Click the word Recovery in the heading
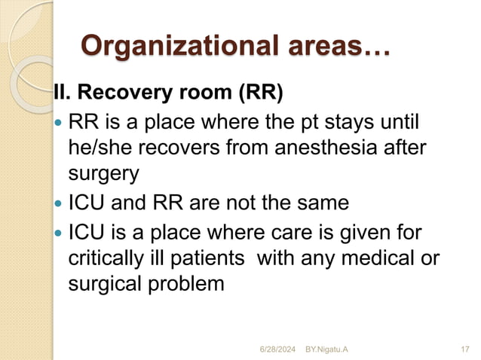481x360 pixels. [121, 94]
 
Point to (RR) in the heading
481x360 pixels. [260, 94]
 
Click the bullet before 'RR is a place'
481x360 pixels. [60, 123]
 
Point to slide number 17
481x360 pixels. [463, 349]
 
